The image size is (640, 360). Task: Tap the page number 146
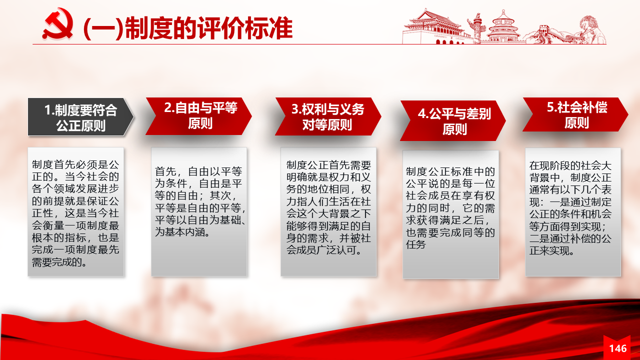click(617, 348)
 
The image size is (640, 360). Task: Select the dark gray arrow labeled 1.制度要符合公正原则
click(80, 117)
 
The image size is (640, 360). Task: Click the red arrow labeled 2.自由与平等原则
click(199, 116)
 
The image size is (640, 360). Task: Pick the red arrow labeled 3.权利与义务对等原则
click(328, 116)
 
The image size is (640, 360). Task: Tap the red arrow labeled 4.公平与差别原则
click(453, 120)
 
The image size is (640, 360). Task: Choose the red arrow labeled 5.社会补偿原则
click(575, 114)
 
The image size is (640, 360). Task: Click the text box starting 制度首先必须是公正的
click(75, 211)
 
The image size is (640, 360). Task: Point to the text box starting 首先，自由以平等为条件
click(199, 211)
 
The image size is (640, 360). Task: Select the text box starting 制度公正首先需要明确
click(328, 211)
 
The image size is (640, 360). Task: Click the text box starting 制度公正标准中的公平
click(450, 214)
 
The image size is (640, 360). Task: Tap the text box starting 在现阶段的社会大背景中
click(573, 211)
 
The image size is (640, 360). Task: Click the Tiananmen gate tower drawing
click(434, 27)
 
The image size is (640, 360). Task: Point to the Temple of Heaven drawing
click(503, 27)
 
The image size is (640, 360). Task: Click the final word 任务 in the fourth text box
click(416, 244)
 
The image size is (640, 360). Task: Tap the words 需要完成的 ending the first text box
click(59, 262)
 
